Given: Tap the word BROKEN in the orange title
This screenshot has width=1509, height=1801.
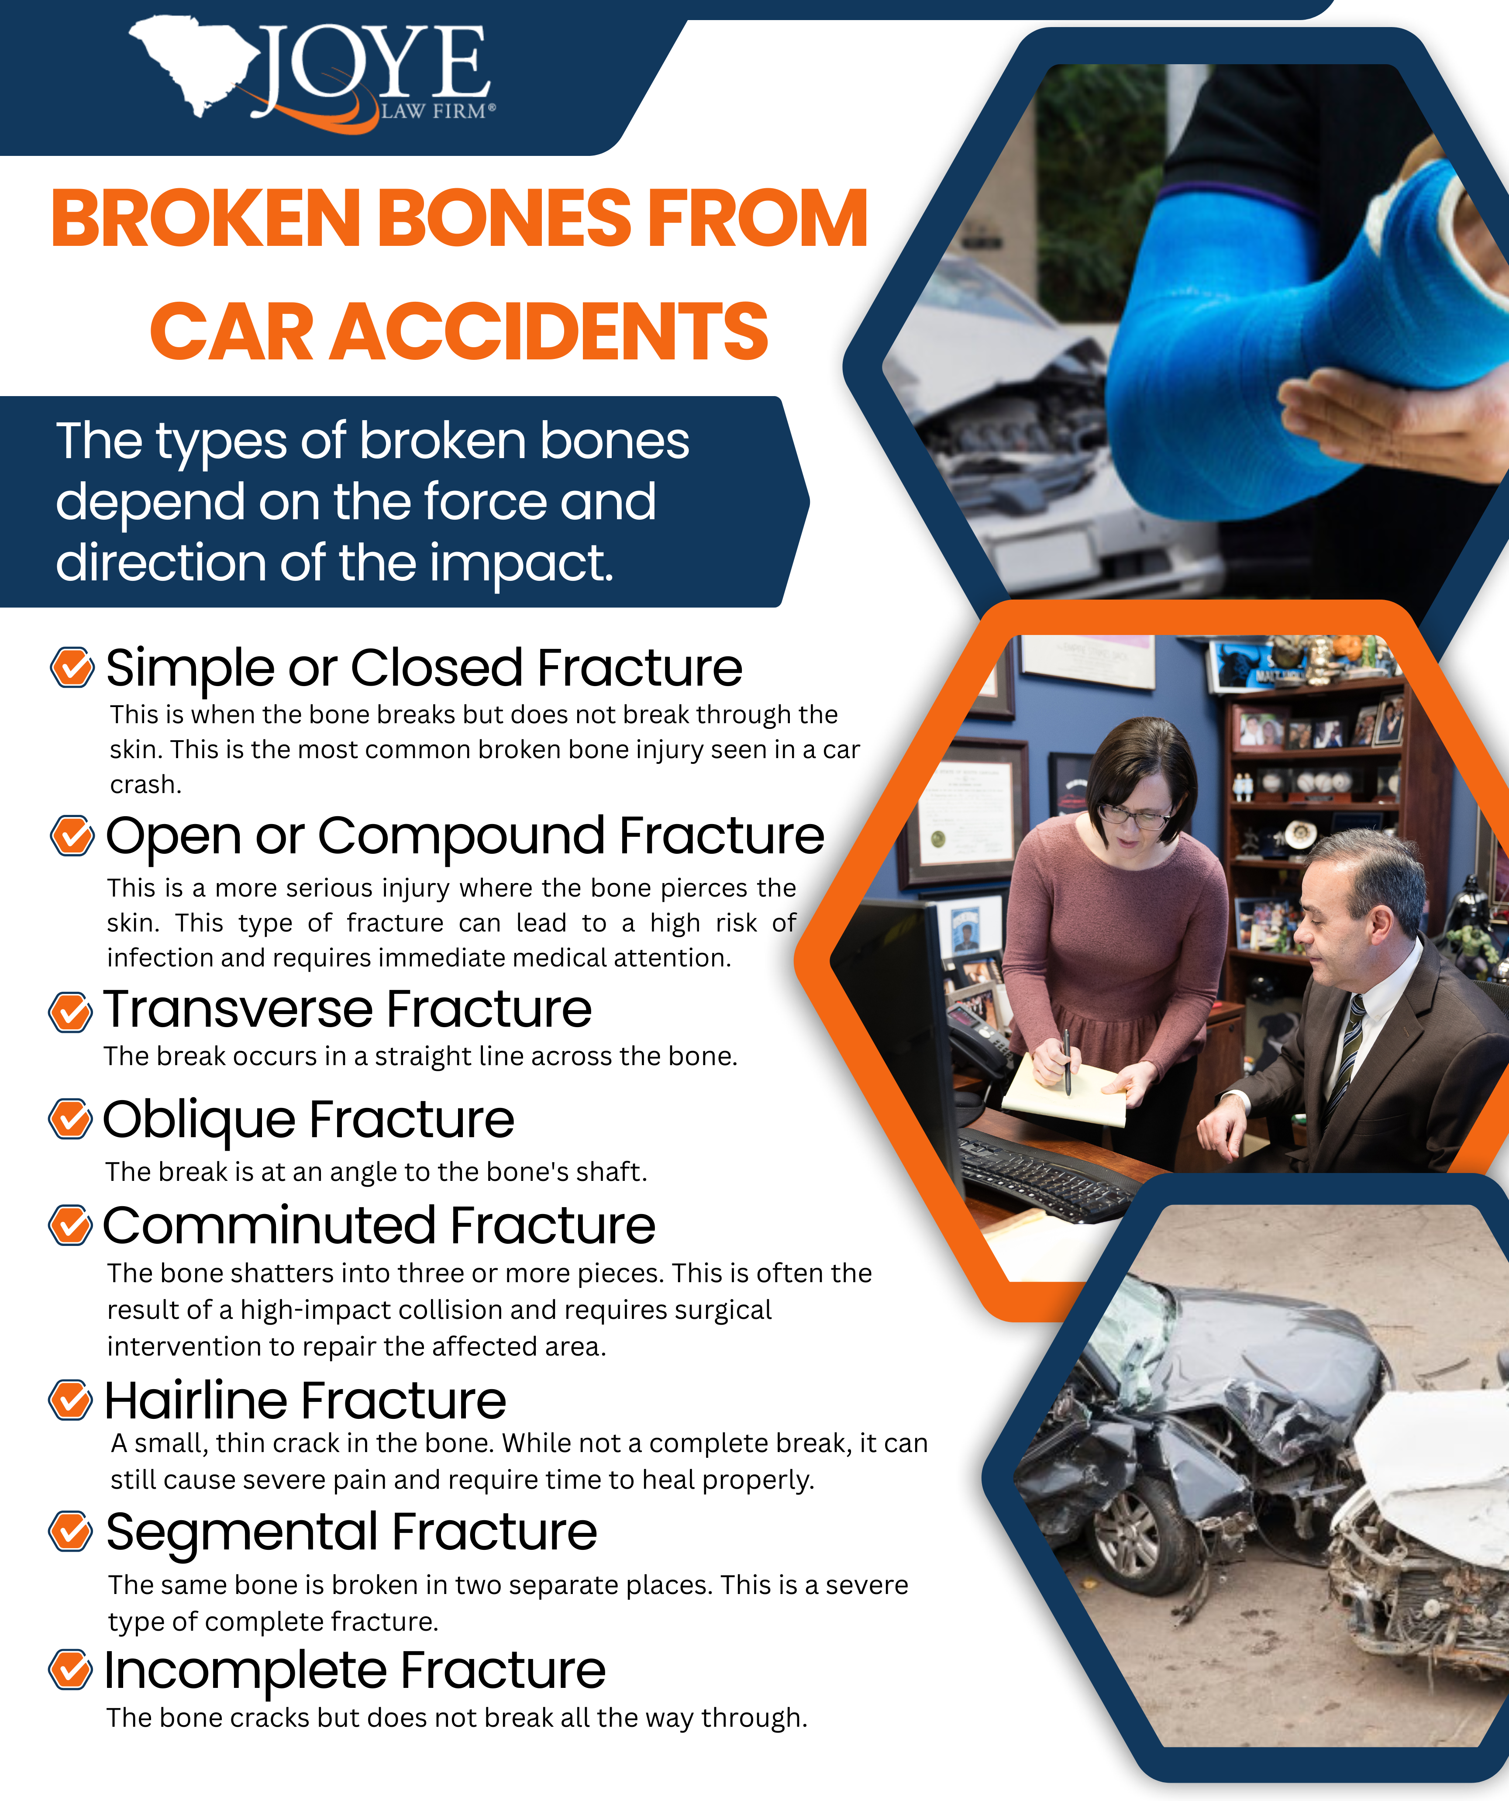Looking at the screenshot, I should click(x=206, y=219).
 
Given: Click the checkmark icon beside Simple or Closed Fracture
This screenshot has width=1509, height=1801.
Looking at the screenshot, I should click(x=72, y=667).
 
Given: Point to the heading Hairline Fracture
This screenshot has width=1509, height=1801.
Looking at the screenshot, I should click(x=305, y=1401).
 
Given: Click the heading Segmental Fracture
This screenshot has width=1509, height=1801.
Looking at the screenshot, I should click(x=351, y=1532).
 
